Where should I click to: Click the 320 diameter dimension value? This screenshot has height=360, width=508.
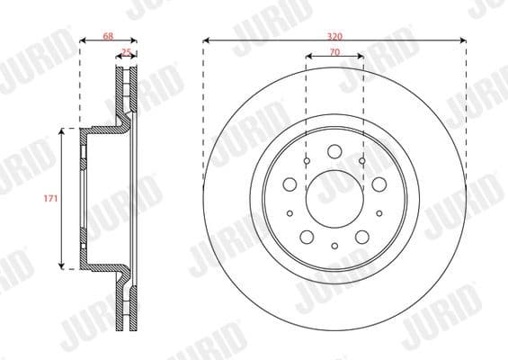click(x=334, y=35)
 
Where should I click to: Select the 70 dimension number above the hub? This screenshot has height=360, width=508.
click(x=334, y=52)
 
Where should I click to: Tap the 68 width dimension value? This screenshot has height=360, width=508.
click(x=108, y=35)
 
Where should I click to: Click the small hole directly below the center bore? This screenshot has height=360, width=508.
click(x=334, y=246)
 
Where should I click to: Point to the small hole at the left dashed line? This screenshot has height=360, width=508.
click(x=307, y=161)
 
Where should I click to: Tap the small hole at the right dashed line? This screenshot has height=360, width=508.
click(x=361, y=161)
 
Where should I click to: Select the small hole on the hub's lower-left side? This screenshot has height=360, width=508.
click(x=290, y=213)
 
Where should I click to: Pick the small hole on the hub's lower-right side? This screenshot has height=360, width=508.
click(x=378, y=213)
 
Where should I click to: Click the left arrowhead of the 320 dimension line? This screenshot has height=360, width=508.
click(x=207, y=40)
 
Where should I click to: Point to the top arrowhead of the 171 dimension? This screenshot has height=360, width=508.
click(x=62, y=131)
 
